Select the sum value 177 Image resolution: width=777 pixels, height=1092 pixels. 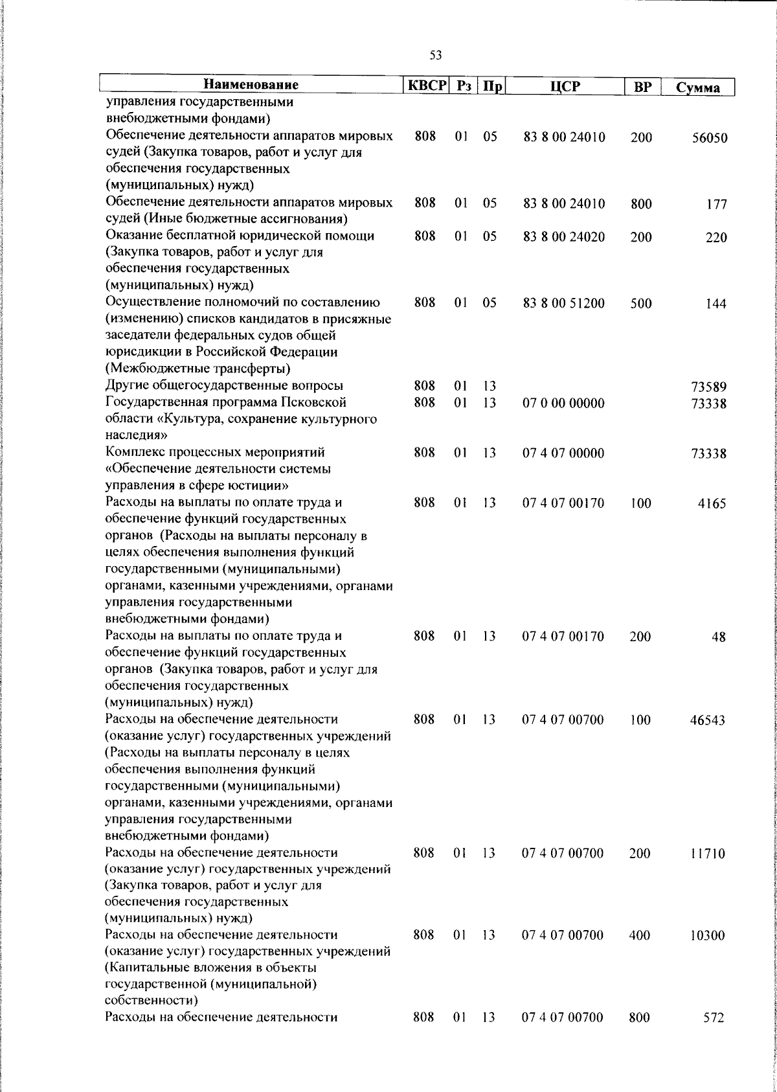coord(716,205)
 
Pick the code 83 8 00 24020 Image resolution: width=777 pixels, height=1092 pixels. coord(564,237)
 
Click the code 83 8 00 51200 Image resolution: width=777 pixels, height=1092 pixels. coord(564,303)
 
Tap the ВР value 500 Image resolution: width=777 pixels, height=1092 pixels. coord(640,303)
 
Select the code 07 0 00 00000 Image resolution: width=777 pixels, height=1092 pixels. coord(563,404)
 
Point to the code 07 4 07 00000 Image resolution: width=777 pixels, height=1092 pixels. coord(563,453)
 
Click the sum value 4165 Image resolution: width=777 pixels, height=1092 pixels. coord(712,504)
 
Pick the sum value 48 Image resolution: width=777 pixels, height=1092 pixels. coord(718,637)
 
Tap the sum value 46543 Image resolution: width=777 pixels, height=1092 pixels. coord(706,720)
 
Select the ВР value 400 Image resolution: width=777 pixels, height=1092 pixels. coord(640,935)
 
